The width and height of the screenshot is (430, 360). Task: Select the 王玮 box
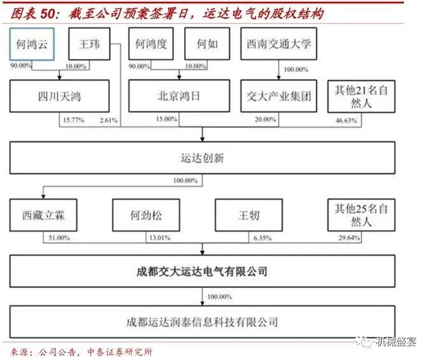tap(89, 45)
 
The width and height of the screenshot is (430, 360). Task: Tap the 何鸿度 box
tap(150, 45)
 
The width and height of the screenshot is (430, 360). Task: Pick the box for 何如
tap(203, 45)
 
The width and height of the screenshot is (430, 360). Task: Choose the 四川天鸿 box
tap(59, 97)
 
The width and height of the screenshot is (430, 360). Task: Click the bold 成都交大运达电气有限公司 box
tap(203, 271)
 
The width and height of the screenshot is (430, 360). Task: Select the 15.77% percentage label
tap(72, 119)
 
